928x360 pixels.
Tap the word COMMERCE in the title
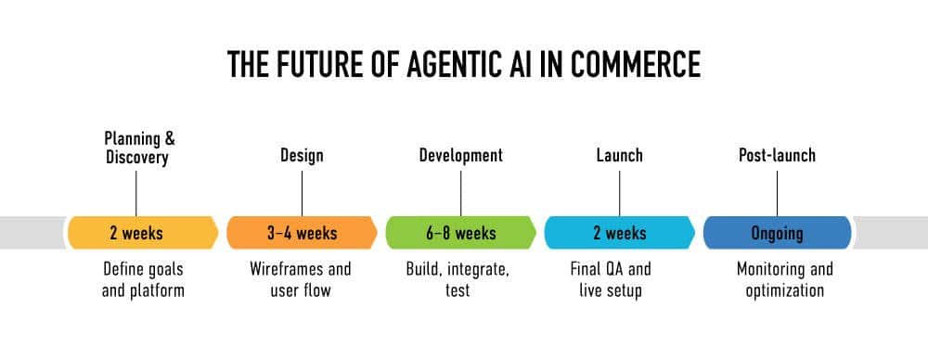coord(628,64)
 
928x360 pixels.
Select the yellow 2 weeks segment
coord(136,232)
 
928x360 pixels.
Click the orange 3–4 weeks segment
coord(302,232)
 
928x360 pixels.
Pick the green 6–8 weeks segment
coord(460,232)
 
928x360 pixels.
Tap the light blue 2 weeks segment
coord(619,232)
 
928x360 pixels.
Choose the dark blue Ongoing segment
coord(777,232)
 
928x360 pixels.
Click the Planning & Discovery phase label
coord(136,148)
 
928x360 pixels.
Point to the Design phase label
coord(302,155)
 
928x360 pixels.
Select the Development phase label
coord(460,155)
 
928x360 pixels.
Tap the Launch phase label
coord(619,155)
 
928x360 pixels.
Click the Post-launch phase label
coord(777,155)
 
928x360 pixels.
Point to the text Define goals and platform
coord(143,279)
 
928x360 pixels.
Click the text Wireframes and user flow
coord(301,279)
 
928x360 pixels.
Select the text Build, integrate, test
coord(458,279)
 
